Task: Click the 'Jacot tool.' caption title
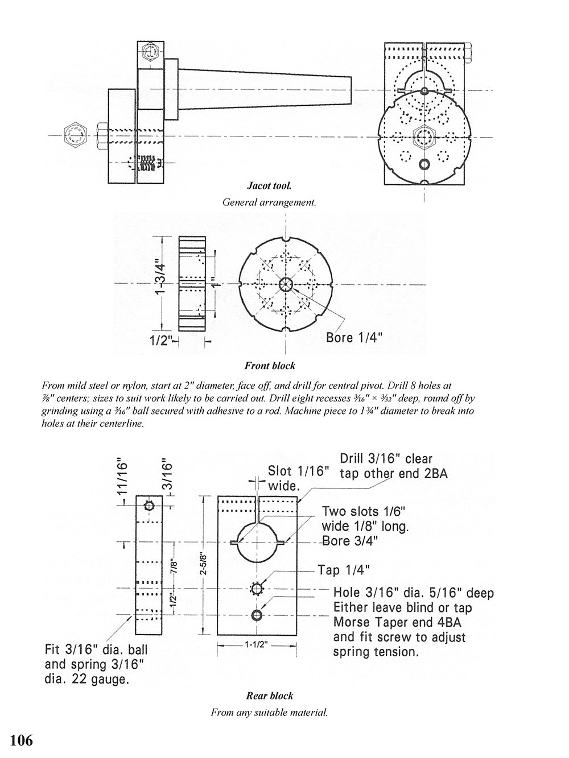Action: (x=269, y=185)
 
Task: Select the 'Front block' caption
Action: (x=270, y=366)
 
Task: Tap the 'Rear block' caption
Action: (x=269, y=695)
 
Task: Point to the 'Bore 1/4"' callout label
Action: (x=354, y=337)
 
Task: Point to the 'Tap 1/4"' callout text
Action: (x=343, y=570)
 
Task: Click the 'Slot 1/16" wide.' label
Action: (x=299, y=478)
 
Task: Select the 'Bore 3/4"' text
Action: (x=350, y=541)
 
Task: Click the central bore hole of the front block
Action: (x=285, y=285)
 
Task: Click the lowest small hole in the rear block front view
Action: (x=257, y=615)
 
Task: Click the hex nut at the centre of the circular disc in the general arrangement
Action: (x=424, y=136)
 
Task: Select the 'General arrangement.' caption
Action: (x=269, y=202)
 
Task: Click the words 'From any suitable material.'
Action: (x=269, y=712)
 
